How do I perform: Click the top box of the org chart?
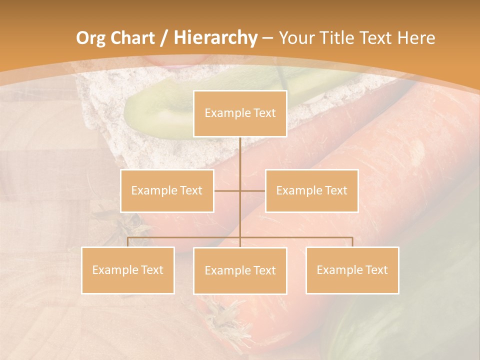(240, 113)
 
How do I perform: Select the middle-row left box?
(167, 190)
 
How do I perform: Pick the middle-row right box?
(311, 190)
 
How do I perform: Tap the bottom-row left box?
(128, 270)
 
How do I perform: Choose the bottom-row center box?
(240, 270)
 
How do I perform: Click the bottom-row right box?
(352, 270)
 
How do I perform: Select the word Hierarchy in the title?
(215, 38)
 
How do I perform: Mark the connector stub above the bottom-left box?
(128, 242)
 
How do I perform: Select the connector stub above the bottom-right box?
(352, 242)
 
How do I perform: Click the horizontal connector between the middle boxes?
(240, 190)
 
